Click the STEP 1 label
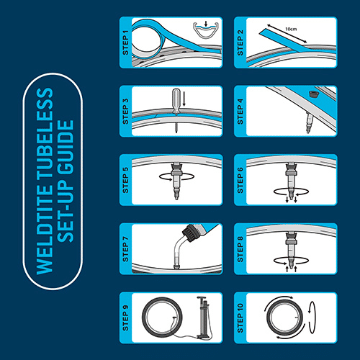point(125,42)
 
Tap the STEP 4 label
point(240,112)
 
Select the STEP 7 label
point(125,249)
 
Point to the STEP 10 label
point(240,318)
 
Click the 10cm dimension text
point(291,29)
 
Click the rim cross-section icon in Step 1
point(207,30)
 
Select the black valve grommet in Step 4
point(312,94)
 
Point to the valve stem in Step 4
point(309,122)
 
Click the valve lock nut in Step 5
point(176,174)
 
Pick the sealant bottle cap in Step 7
point(190,233)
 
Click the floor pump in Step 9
point(203,318)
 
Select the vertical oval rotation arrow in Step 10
point(312,318)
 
